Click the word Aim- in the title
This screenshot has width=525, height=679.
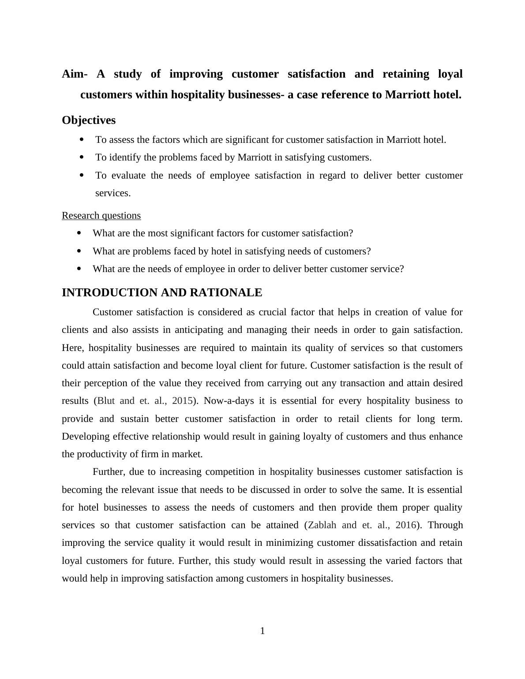pos(75,74)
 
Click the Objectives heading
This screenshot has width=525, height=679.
pos(89,120)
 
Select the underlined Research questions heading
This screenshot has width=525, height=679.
pos(101,216)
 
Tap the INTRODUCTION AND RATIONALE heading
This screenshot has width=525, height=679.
pos(162,293)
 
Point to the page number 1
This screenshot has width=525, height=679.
pos(262,631)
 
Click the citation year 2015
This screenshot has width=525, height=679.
pos(183,401)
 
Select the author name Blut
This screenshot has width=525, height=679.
pos(106,401)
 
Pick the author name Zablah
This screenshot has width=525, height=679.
pos(322,525)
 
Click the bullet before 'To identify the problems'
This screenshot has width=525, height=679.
pos(82,157)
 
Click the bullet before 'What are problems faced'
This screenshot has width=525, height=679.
pos(79,251)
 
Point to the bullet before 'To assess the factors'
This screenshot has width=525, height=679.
pos(82,139)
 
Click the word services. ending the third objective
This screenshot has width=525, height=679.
pos(113,193)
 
